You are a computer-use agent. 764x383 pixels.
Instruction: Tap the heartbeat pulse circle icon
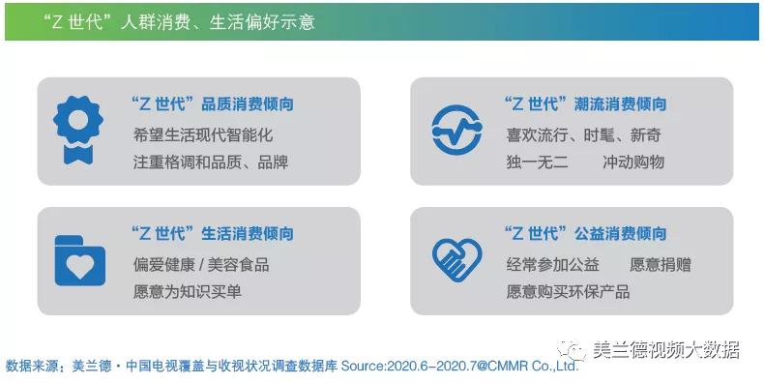coord(455,131)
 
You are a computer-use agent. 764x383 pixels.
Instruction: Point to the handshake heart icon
coord(455,259)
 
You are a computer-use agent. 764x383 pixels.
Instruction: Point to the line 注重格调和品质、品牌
coord(210,162)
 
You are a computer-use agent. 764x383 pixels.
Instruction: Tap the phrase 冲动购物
coord(632,162)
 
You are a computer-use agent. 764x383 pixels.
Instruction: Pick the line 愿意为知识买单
coord(187,290)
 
